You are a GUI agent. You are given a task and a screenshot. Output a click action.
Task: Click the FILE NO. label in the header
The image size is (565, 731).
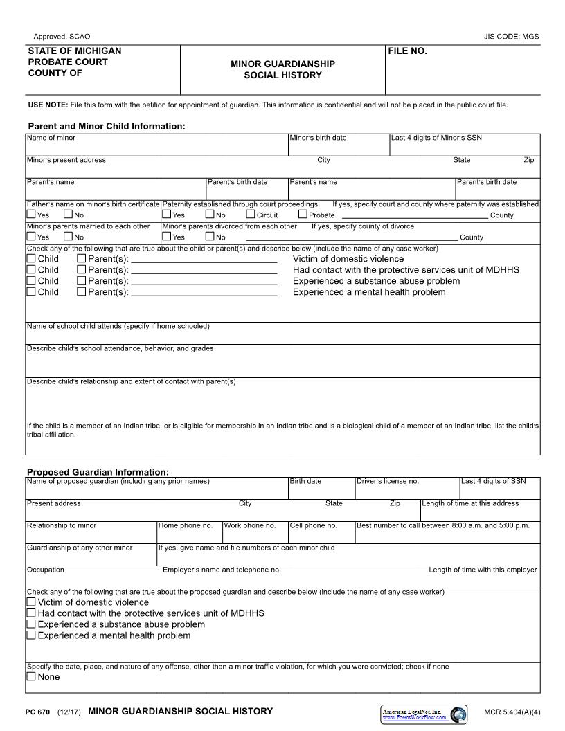(x=407, y=51)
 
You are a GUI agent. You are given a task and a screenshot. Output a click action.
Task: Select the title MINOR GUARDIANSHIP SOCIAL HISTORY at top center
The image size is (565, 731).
(x=282, y=69)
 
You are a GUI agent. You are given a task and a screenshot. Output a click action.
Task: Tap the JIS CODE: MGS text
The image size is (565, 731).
(x=511, y=37)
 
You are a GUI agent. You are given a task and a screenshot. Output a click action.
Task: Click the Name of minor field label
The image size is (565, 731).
(x=51, y=138)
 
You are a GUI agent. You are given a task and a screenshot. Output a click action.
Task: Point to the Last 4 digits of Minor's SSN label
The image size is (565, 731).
(x=436, y=138)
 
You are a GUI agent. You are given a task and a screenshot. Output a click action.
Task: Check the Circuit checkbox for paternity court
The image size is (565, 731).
(x=251, y=215)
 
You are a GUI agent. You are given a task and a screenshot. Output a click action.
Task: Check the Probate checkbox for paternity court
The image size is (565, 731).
(x=303, y=215)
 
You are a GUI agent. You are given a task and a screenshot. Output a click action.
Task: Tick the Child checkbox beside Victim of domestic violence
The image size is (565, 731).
(x=31, y=259)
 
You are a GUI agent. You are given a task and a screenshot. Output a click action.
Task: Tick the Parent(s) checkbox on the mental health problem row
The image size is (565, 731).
(x=82, y=292)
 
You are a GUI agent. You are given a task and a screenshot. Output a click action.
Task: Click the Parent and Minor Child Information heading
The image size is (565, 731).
(x=106, y=126)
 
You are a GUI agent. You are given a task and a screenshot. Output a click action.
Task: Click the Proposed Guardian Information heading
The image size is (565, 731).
(x=98, y=472)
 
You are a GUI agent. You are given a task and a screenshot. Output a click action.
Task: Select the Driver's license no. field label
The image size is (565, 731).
(x=387, y=481)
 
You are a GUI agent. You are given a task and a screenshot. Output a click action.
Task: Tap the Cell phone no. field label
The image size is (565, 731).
(x=313, y=525)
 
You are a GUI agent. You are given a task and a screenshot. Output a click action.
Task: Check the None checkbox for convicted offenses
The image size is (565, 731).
(x=31, y=677)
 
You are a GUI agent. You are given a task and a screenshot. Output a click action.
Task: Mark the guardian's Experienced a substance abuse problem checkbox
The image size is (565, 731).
(x=31, y=624)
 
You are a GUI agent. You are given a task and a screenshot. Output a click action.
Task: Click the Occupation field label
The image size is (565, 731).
(x=46, y=570)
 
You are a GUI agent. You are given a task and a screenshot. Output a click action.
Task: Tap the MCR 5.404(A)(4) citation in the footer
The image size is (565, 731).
(x=512, y=712)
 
